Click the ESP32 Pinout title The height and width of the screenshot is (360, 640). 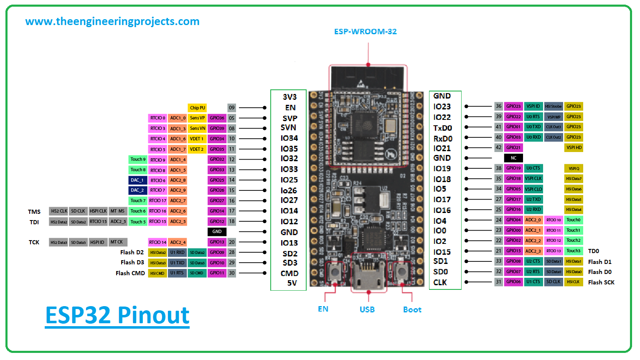[x=117, y=315]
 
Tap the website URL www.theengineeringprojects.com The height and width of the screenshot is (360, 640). [x=112, y=21]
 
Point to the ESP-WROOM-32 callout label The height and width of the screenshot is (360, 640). [x=365, y=32]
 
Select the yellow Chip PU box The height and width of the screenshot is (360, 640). [x=198, y=108]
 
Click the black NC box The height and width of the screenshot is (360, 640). [x=513, y=158]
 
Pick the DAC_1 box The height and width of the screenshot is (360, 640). [x=137, y=180]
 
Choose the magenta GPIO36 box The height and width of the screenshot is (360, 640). [x=217, y=118]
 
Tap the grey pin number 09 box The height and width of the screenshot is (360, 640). [x=231, y=108]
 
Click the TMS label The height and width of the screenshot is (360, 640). [x=34, y=212]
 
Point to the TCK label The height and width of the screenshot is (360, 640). [x=34, y=242]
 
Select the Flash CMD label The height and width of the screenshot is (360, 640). [x=130, y=273]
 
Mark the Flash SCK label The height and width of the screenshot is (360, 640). [x=601, y=282]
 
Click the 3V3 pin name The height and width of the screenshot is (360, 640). [x=290, y=97]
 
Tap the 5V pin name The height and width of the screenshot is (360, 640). [x=292, y=283]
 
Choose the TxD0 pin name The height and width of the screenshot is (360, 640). [x=442, y=128]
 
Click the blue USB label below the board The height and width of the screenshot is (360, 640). [x=367, y=309]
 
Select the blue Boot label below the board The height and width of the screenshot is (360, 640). [x=412, y=309]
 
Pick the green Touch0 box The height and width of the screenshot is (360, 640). [x=573, y=220]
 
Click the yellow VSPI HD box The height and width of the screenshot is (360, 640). [x=574, y=147]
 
